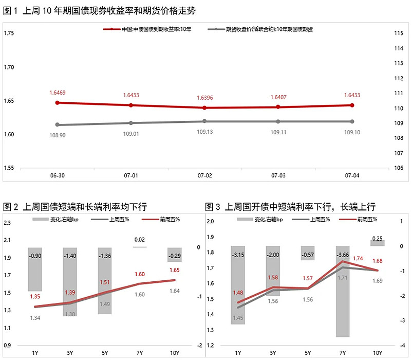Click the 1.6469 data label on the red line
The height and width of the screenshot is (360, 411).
point(58,93)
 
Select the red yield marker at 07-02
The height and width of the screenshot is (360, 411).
point(204,107)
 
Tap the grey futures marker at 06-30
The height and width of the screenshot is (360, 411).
point(58,124)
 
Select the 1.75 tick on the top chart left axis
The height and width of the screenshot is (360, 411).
point(9,33)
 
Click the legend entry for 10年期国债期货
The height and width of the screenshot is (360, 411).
point(269,29)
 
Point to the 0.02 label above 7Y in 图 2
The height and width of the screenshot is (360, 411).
point(140,240)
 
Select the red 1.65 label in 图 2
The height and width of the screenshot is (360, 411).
point(174,270)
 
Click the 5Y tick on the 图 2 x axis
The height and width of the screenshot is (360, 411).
point(105,352)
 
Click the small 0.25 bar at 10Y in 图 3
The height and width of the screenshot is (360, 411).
point(378,243)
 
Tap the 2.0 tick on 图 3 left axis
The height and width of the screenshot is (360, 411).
point(210,222)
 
